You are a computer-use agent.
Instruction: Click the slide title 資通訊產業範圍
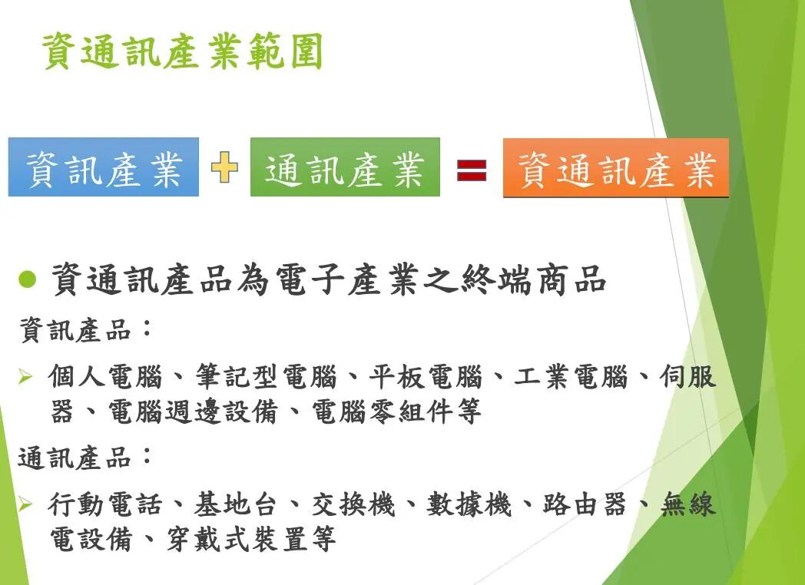coord(182,51)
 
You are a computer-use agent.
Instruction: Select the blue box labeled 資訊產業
coord(104,167)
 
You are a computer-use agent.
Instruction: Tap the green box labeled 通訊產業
coord(345,167)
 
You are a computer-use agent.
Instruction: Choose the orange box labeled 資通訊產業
coord(616,169)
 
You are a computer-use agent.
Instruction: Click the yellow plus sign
coord(224,167)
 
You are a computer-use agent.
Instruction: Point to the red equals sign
coord(472,169)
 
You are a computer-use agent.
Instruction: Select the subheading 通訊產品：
coord(84,458)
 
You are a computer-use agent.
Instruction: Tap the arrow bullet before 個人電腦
coord(25,376)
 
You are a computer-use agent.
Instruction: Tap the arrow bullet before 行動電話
coord(25,504)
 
